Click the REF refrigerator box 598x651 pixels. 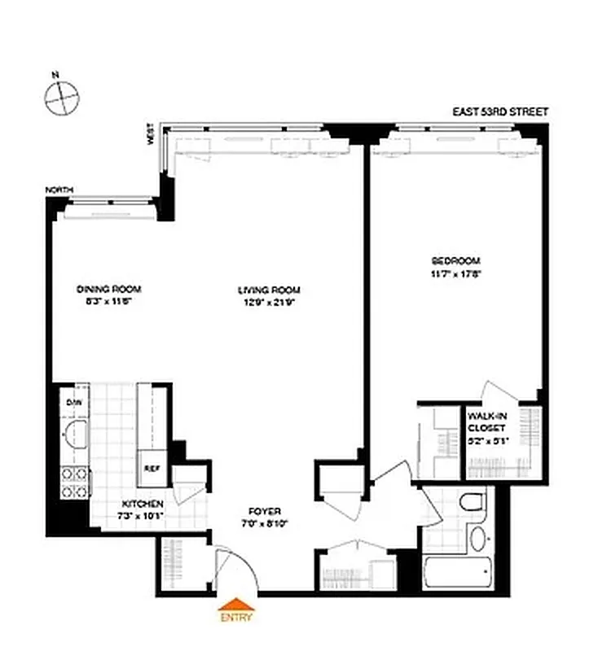click(x=152, y=468)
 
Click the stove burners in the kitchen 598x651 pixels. click(x=75, y=483)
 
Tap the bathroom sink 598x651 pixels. click(x=478, y=538)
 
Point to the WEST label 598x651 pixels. click(x=151, y=134)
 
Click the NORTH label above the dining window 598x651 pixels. click(x=59, y=190)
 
